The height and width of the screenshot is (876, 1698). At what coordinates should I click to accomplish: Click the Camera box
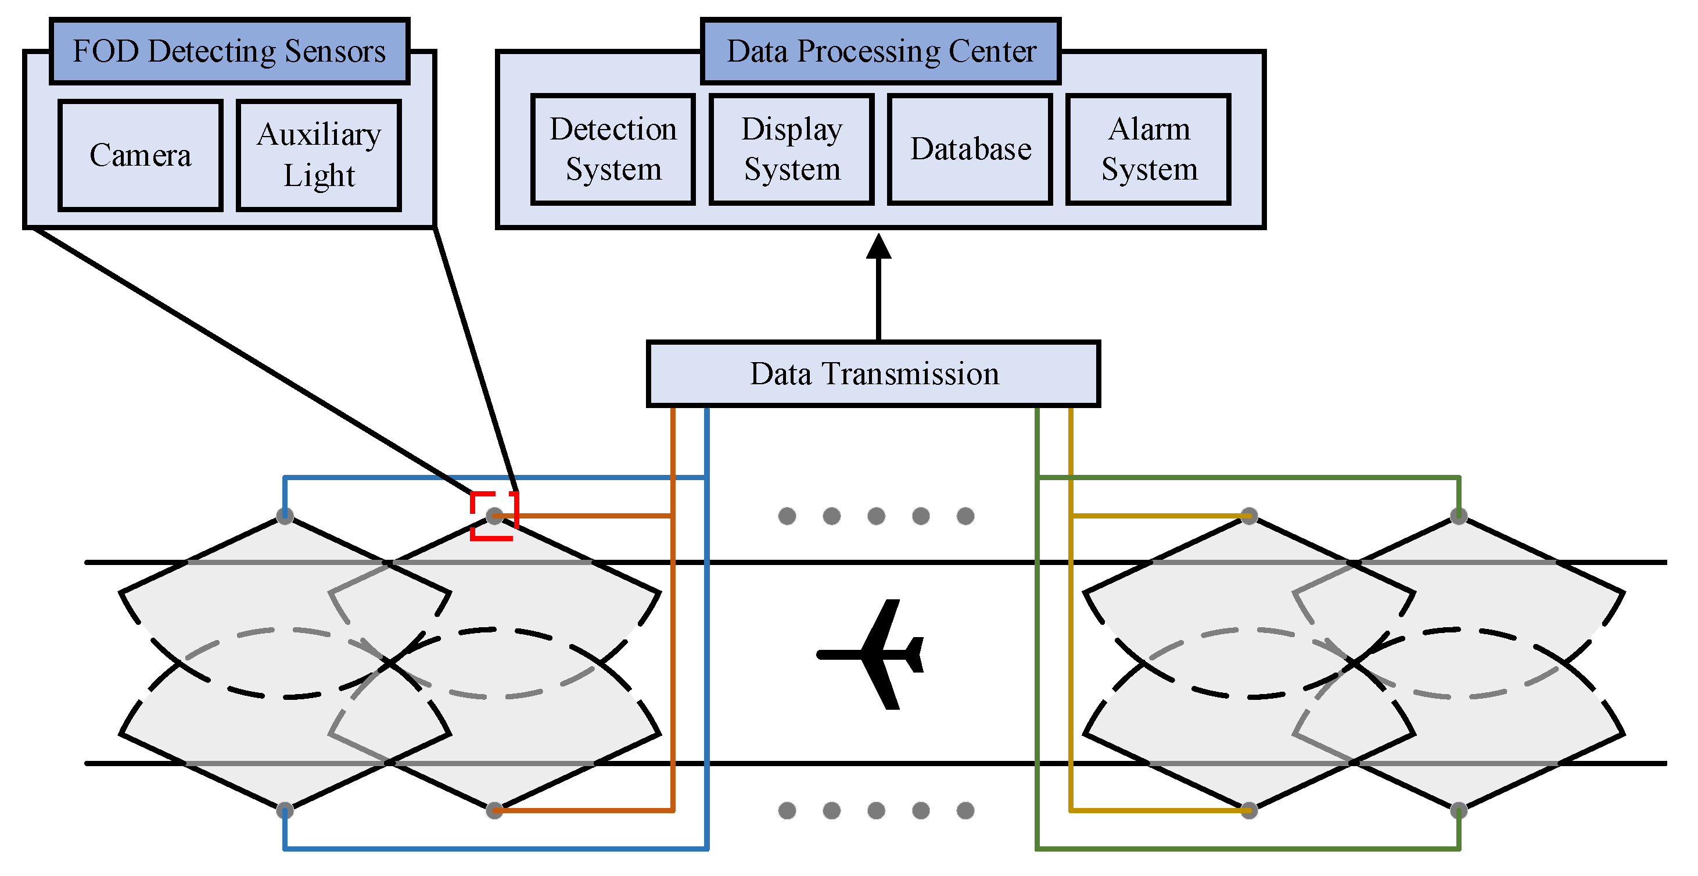pos(140,156)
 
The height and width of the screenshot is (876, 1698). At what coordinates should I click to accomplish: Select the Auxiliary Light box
pos(319,156)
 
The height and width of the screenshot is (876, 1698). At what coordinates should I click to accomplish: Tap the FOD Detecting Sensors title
pos(229,52)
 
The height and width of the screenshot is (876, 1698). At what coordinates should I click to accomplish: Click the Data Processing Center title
pos(881,52)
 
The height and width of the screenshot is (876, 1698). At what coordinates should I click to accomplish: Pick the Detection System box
pos(613,149)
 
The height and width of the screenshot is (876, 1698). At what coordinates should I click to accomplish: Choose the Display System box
pos(792,149)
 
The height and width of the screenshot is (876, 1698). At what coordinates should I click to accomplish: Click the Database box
pos(970,149)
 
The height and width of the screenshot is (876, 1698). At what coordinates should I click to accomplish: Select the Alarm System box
pos(1148,149)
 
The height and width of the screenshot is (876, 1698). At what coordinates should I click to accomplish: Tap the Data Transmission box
pos(873,374)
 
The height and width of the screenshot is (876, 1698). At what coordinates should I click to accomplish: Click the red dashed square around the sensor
pos(494,516)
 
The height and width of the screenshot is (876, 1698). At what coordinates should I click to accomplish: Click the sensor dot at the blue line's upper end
pos(285,516)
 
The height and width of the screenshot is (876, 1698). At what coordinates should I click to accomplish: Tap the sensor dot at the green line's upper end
pos(1459,516)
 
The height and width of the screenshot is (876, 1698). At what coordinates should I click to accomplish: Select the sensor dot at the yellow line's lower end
pos(1249,810)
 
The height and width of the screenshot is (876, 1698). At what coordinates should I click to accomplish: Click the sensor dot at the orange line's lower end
pos(494,810)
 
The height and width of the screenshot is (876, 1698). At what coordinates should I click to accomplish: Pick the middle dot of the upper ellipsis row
pos(876,516)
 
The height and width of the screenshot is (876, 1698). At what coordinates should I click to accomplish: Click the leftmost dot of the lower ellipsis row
pos(787,810)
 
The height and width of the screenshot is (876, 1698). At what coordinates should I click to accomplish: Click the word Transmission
pos(911,374)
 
